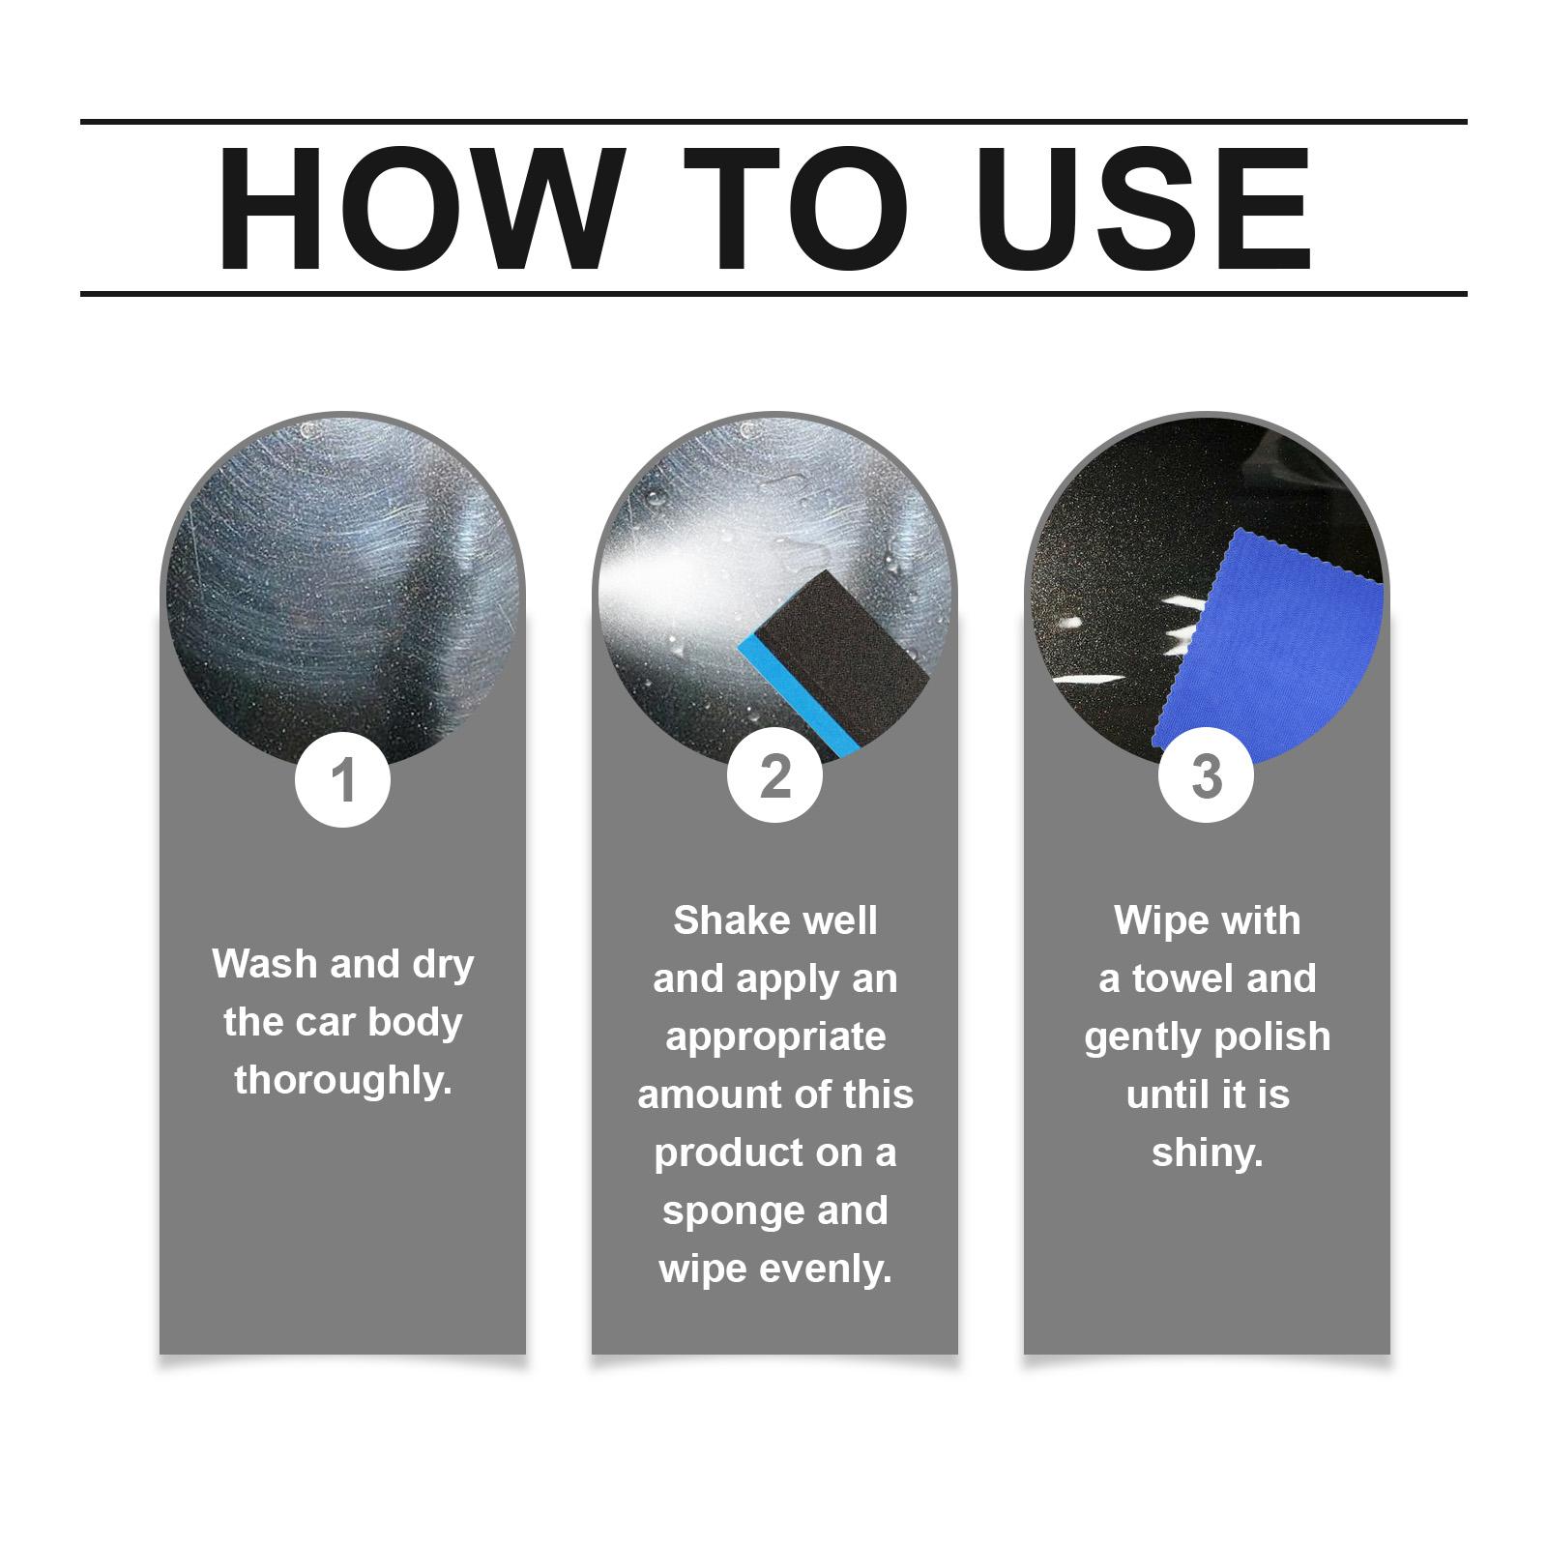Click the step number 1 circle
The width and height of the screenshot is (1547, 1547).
[343, 779]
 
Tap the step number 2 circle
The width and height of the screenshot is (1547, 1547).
[774, 775]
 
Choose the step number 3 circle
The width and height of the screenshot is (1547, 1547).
[1206, 775]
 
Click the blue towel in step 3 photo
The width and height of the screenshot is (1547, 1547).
[1267, 643]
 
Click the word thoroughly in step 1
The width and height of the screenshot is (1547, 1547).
[343, 1080]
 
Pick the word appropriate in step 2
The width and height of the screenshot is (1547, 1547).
[775, 1037]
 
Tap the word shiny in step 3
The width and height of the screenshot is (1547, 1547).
[1208, 1153]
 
